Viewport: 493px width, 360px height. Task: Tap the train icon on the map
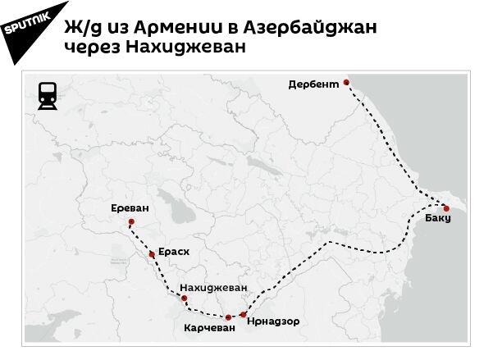(48, 97)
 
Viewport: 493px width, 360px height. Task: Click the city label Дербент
(314, 84)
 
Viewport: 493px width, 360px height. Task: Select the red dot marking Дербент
(347, 82)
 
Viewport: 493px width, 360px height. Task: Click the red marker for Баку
(446, 208)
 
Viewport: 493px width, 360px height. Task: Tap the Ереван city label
(130, 208)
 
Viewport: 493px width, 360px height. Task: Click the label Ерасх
(173, 252)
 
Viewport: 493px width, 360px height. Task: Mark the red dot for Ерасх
(152, 255)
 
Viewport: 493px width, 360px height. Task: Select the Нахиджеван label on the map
(212, 288)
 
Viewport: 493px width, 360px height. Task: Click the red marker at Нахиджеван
(184, 298)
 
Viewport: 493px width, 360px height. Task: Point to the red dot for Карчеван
(228, 317)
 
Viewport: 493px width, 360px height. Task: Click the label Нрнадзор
(272, 320)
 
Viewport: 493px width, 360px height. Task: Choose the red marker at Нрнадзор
(243, 313)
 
